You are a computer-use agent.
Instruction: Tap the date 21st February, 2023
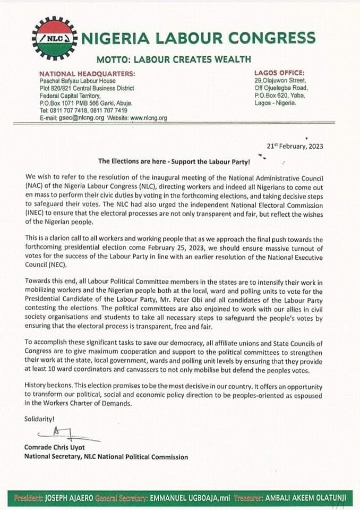pyautogui.click(x=295, y=146)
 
